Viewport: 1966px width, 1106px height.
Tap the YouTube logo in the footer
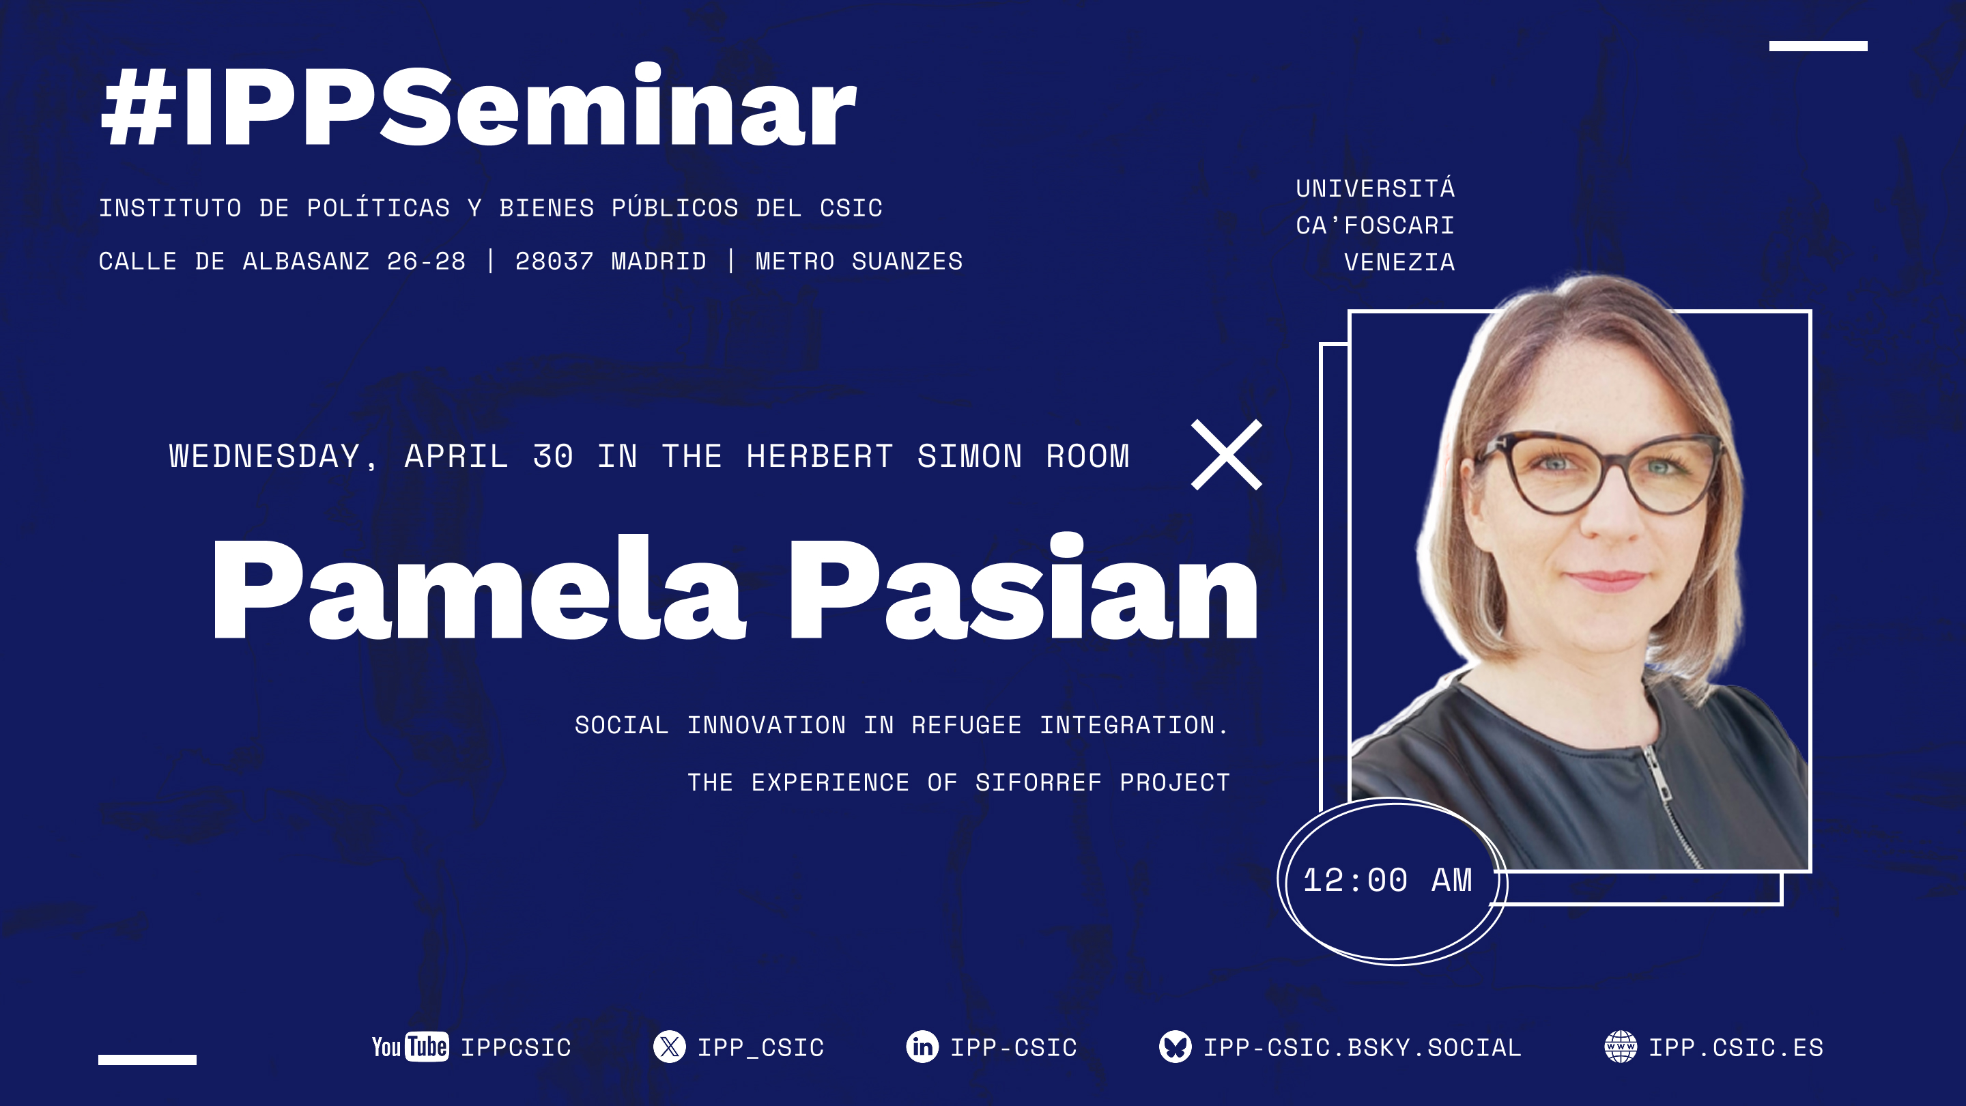[x=410, y=1047]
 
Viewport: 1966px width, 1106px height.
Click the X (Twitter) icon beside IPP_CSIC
[x=669, y=1047]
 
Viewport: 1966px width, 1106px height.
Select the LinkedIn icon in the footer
[x=922, y=1047]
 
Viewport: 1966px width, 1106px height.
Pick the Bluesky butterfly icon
[x=1176, y=1047]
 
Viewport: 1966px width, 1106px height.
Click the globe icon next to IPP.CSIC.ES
[x=1621, y=1047]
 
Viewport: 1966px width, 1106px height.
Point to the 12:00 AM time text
[x=1386, y=880]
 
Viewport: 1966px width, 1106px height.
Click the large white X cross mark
[x=1227, y=455]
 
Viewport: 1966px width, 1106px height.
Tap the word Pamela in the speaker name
[x=476, y=589]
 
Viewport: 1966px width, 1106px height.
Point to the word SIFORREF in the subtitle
[x=1038, y=782]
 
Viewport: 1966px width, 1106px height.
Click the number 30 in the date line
[x=552, y=457]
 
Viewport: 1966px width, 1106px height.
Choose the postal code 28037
[x=554, y=261]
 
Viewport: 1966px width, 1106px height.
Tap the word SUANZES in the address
[x=907, y=261]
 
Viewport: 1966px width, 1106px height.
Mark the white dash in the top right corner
[x=1818, y=46]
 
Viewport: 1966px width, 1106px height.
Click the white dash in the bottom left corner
[x=147, y=1060]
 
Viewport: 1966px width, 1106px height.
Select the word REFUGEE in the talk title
[x=966, y=725]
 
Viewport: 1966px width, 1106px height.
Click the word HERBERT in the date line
[x=820, y=457]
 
